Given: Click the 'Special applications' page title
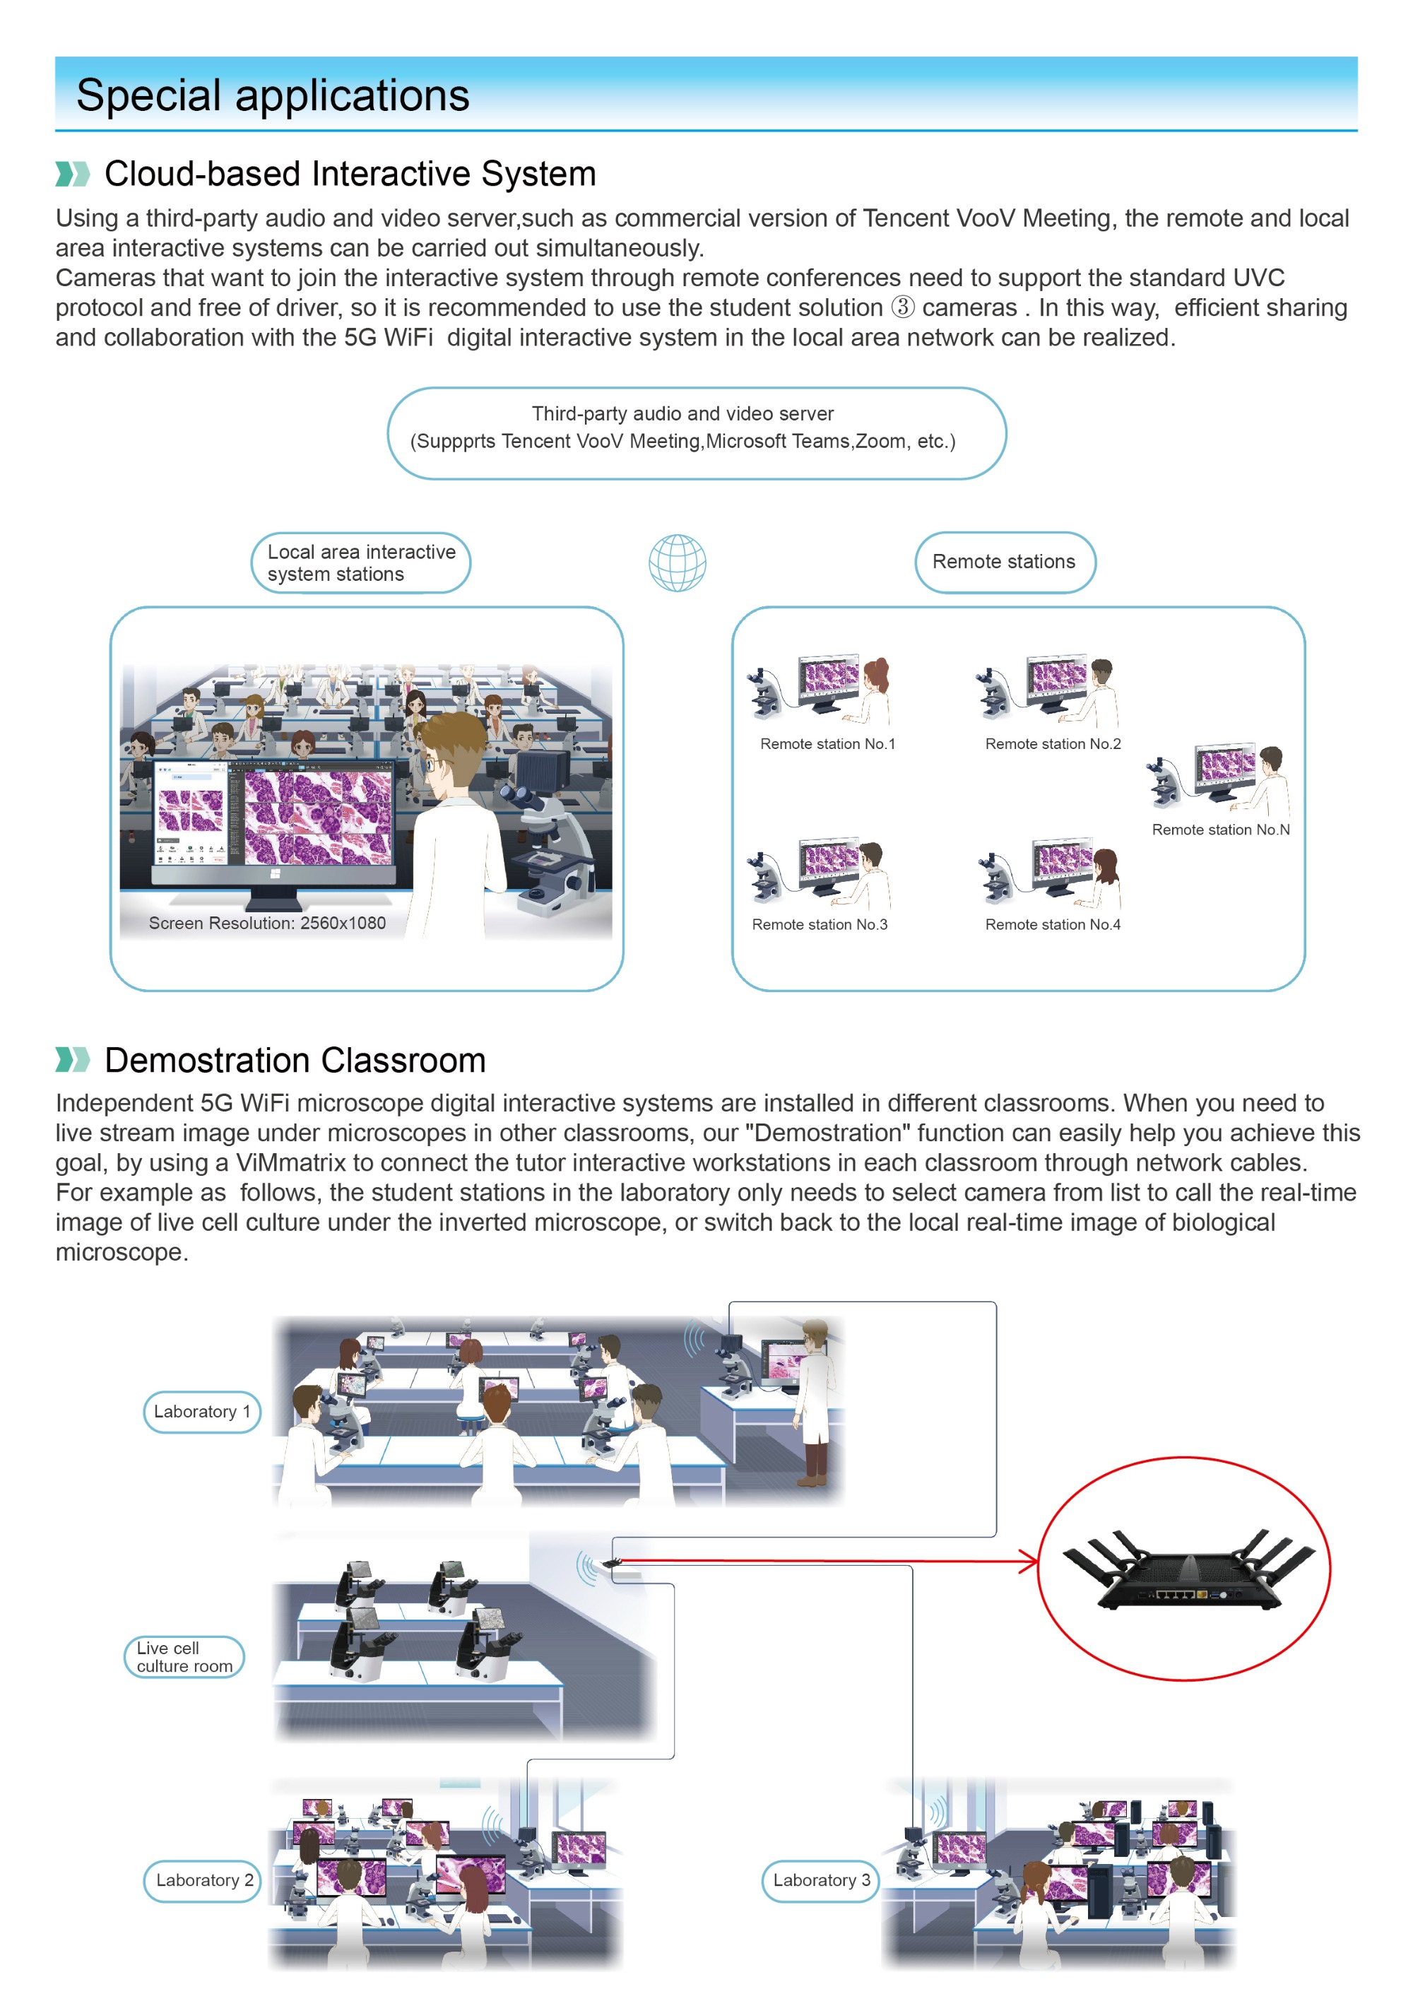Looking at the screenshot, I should (x=273, y=95).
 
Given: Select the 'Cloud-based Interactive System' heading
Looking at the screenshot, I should (x=350, y=173).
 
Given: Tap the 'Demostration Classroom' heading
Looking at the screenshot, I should (x=295, y=1060).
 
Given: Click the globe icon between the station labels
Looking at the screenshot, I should (x=676, y=562).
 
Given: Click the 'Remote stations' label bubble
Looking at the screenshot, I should (x=1004, y=562).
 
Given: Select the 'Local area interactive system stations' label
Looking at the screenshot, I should (x=360, y=562).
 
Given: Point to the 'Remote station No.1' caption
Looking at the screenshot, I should (x=827, y=743).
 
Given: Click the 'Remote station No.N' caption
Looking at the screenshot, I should (x=1220, y=830).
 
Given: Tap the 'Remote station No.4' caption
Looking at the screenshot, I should (x=1052, y=924).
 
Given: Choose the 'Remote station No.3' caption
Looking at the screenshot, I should (x=819, y=924).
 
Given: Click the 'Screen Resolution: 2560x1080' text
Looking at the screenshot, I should (x=267, y=922).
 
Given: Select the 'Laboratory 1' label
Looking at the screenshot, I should (x=201, y=1411).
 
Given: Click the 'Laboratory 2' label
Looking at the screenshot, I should (x=203, y=1880).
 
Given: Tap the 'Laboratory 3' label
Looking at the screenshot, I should (x=820, y=1880).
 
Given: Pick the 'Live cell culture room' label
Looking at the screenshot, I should (x=184, y=1656).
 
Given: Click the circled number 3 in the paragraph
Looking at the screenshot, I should (x=902, y=307).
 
